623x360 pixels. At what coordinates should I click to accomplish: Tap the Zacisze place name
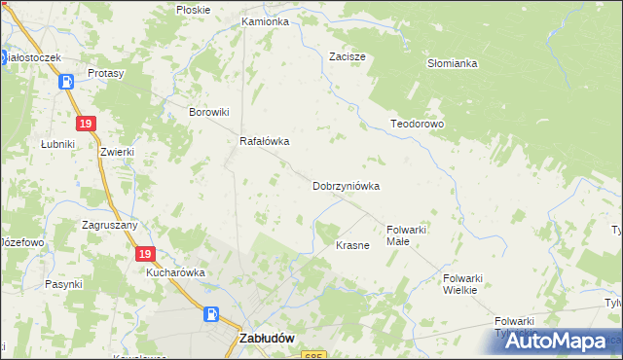[x=347, y=56]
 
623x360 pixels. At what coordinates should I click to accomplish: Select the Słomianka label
[x=452, y=63]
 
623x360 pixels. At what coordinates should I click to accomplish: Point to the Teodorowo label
[x=417, y=125]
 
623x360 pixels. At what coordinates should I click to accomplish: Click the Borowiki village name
[x=207, y=111]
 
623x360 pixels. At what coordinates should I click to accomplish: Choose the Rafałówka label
[x=265, y=141]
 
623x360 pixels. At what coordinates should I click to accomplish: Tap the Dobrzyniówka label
[x=346, y=185]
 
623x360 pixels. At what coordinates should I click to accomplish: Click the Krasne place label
[x=352, y=245]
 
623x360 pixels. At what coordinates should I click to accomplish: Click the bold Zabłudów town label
[x=267, y=339]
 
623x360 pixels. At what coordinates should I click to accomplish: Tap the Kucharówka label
[x=175, y=273]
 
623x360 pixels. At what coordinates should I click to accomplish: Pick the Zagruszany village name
[x=110, y=224]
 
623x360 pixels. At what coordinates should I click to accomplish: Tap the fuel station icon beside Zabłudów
[x=211, y=314]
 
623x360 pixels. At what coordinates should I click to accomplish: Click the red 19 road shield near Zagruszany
[x=144, y=254]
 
